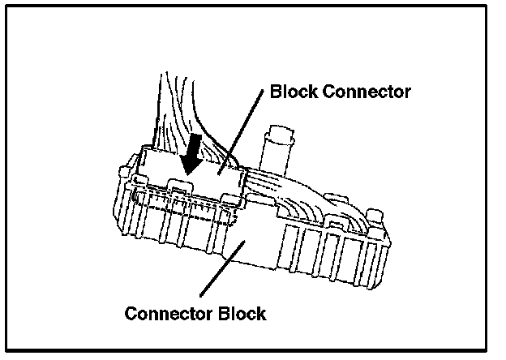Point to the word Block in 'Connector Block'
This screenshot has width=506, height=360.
click(242, 313)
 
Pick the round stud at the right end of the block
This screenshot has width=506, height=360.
click(374, 218)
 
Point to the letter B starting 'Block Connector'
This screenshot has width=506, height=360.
click(275, 92)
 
